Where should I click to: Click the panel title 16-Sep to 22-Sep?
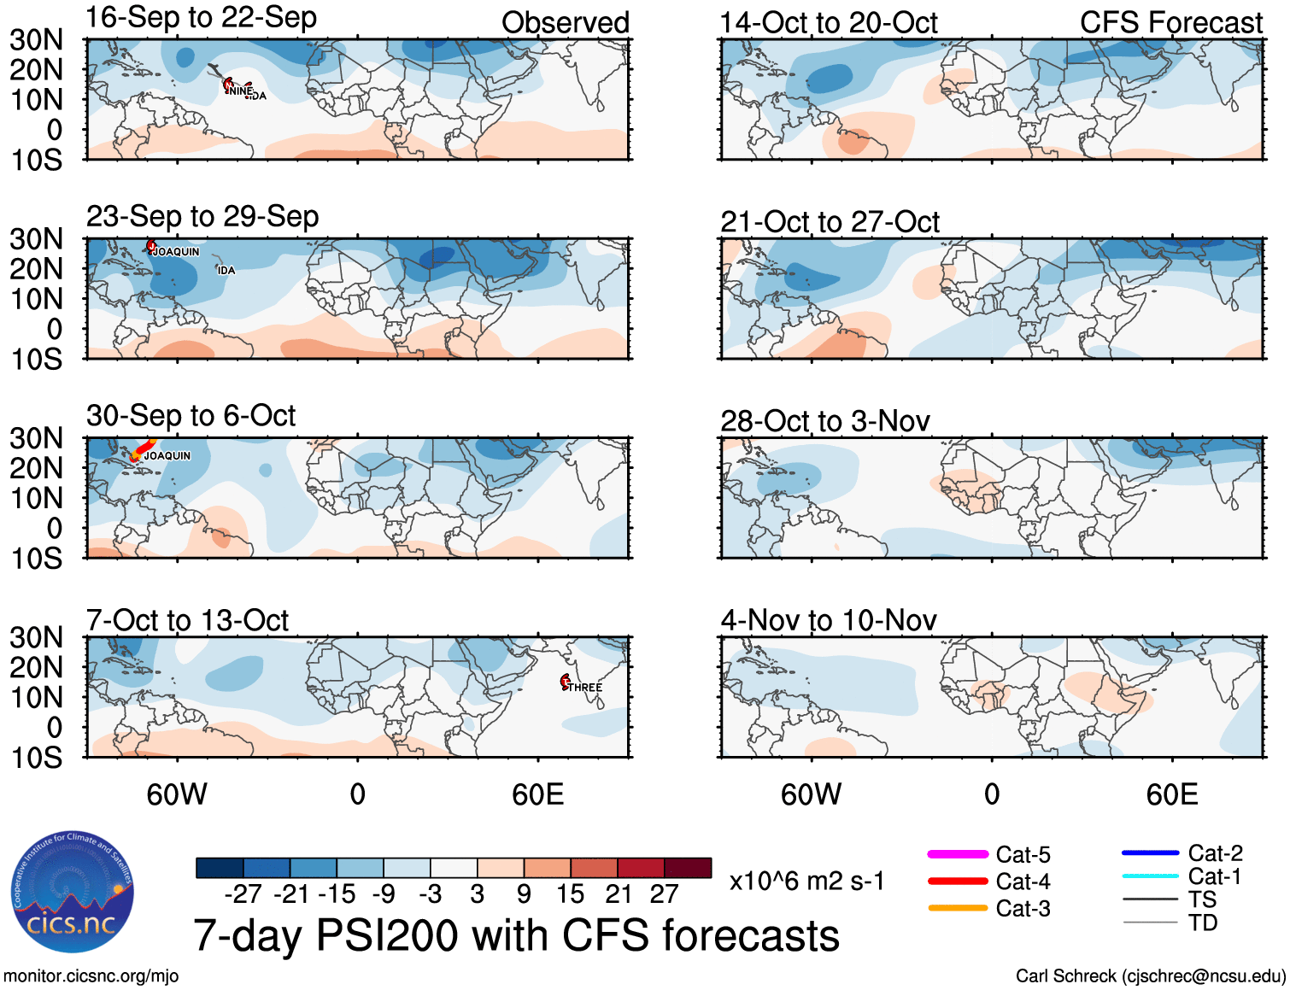click(x=202, y=18)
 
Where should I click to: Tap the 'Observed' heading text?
click(x=565, y=23)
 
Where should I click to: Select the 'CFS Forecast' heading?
click(x=1170, y=23)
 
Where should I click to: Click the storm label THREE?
click(x=585, y=688)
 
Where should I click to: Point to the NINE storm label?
click(x=240, y=91)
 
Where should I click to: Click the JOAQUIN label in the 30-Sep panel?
click(x=167, y=456)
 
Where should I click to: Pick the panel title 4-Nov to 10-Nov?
click(x=828, y=620)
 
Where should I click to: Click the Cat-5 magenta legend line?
click(x=958, y=854)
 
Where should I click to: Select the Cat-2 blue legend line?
click(x=1150, y=852)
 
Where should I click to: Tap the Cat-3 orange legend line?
click(x=958, y=908)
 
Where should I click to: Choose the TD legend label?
click(x=1203, y=923)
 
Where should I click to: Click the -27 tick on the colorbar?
click(x=243, y=894)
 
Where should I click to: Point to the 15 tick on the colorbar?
click(x=571, y=894)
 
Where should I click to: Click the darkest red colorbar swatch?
click(x=688, y=868)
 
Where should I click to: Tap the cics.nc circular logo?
click(x=72, y=892)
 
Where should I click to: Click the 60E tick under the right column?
click(x=1171, y=795)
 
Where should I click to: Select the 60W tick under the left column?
click(x=177, y=795)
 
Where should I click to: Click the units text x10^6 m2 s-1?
click(x=806, y=882)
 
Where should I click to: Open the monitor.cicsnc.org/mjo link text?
click(x=91, y=976)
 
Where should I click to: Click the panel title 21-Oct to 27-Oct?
click(x=830, y=222)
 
